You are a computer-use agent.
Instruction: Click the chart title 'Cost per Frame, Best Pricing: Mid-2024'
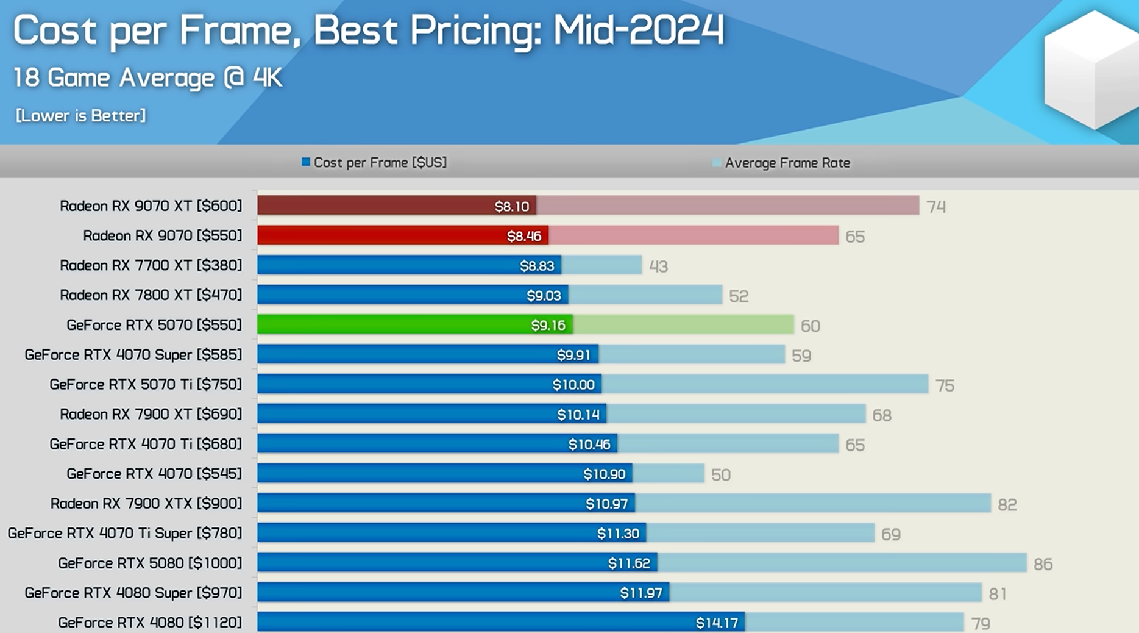tap(369, 30)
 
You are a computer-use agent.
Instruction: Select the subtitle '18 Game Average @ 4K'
tap(147, 78)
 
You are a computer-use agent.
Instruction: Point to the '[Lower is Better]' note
tap(80, 115)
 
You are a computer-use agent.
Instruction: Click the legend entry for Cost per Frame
tap(374, 163)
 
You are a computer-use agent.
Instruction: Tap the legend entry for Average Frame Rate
tap(781, 163)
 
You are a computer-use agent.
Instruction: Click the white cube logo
tap(1091, 70)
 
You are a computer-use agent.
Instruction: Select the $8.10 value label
tap(512, 206)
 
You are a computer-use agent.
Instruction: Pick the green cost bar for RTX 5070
tap(390, 324)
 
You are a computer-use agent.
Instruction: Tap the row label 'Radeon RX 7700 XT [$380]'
tap(151, 265)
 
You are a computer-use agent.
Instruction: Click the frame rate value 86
tap(1043, 564)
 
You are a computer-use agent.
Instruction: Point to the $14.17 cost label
tap(717, 623)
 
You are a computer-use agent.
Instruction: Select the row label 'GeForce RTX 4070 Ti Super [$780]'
tap(124, 534)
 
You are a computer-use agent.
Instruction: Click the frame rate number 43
tap(658, 266)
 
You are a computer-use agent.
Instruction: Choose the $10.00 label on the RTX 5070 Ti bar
tap(573, 385)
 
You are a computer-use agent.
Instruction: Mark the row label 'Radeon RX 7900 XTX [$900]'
tap(146, 504)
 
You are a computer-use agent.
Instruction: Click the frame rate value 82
tap(1007, 505)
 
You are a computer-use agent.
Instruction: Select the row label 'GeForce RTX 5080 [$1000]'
tap(150, 563)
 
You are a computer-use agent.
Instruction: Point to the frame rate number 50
tap(720, 475)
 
